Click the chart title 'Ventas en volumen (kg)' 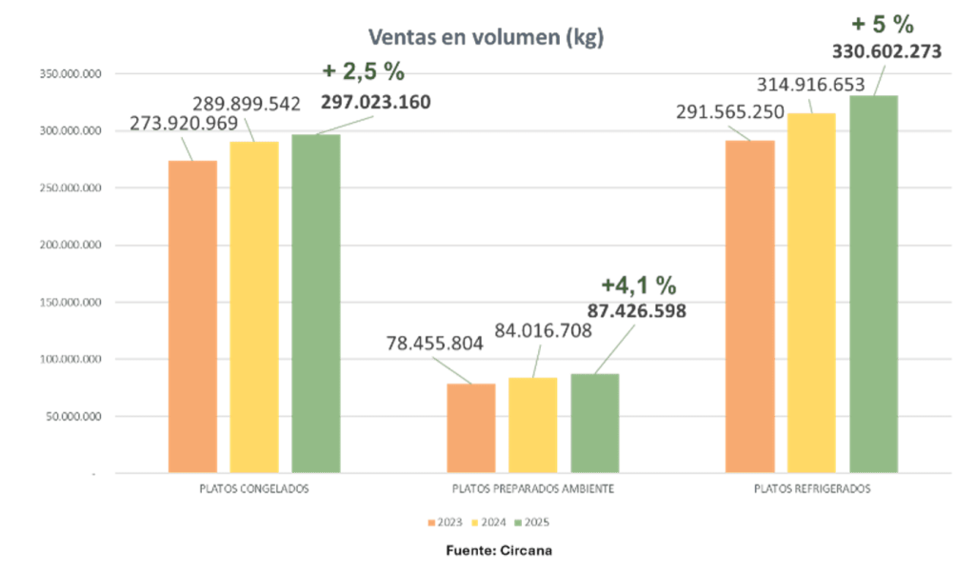point(487,38)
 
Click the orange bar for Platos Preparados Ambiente point(470,427)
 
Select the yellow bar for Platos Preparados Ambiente point(532,424)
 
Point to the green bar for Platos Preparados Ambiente point(595,422)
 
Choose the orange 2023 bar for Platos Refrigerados point(750,305)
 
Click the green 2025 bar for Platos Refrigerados point(874,284)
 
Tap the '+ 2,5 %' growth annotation point(364,70)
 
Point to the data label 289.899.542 point(247,104)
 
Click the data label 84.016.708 point(543,330)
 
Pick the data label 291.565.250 point(730,112)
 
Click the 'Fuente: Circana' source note point(499,550)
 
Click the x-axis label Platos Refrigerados point(812,489)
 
